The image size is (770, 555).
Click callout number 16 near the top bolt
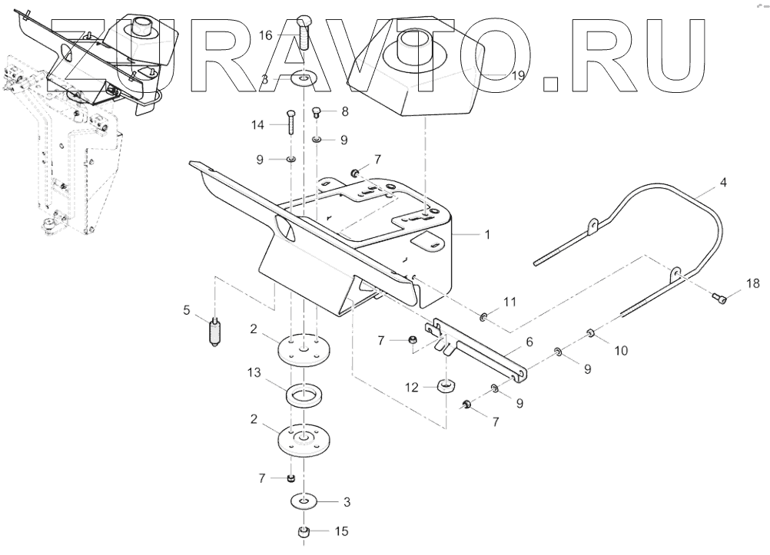point(265,35)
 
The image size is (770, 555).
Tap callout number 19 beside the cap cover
point(519,75)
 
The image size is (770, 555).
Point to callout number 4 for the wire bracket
point(722,183)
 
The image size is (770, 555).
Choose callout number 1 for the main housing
point(487,235)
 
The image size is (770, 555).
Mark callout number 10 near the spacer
point(621,351)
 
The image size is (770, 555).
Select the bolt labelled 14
point(292,123)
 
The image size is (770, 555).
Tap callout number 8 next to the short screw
point(345,111)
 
